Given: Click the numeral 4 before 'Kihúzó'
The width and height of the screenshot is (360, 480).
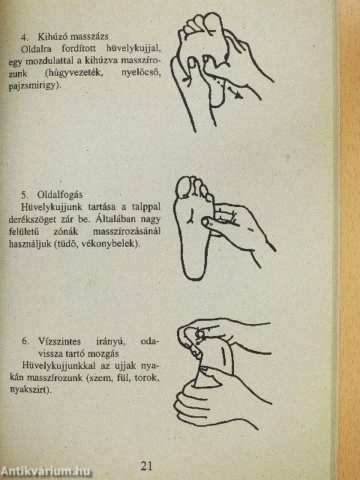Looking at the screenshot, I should [x=24, y=36].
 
